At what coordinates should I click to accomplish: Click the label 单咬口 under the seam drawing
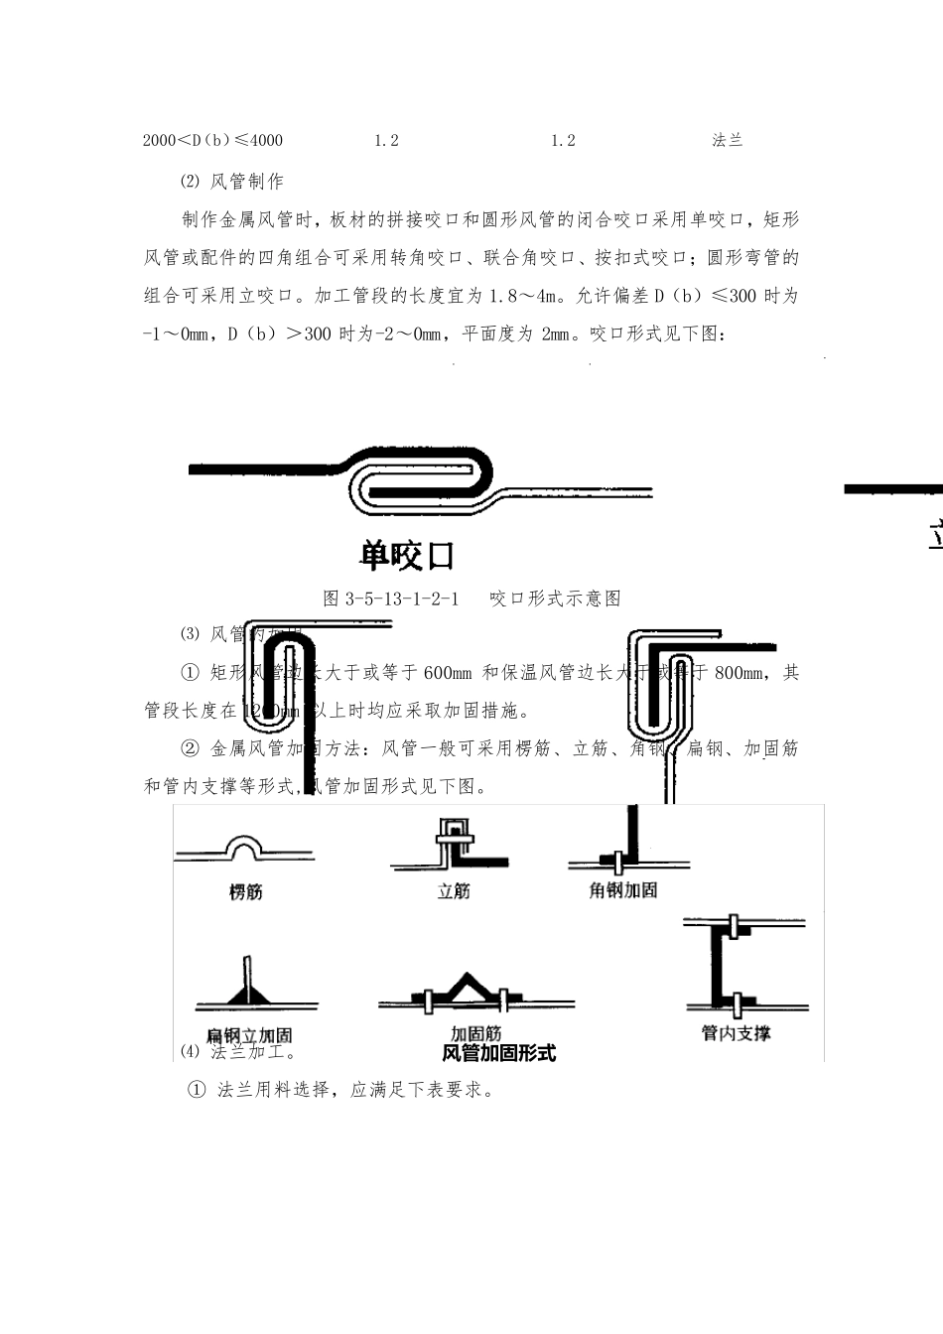(x=407, y=556)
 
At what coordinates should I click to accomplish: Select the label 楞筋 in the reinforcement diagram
(x=246, y=891)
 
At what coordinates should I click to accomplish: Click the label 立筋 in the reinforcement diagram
(x=454, y=891)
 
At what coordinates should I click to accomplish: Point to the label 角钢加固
(x=622, y=890)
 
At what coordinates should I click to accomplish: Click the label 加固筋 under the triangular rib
(x=475, y=1033)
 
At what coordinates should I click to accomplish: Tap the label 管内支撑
(x=736, y=1032)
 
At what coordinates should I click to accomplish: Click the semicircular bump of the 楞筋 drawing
(x=244, y=846)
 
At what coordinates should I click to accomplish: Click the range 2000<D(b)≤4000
(x=212, y=140)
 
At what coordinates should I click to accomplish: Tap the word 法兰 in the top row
(x=728, y=140)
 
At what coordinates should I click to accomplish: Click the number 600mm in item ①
(x=447, y=672)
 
